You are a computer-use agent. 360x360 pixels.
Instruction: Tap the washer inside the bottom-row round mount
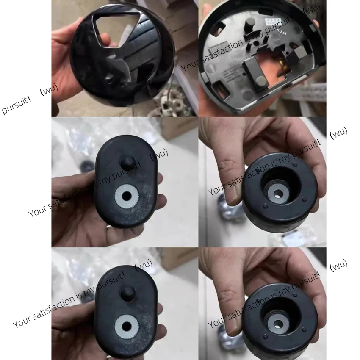tap(278, 324)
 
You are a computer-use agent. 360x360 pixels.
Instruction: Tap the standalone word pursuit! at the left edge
tap(16, 106)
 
